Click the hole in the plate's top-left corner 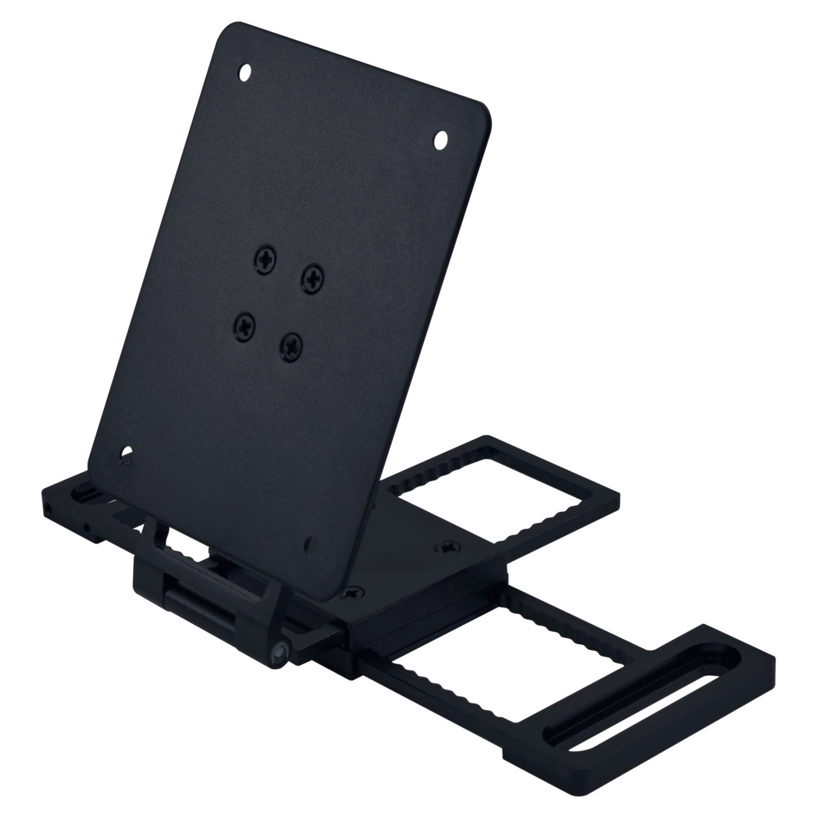tap(246, 73)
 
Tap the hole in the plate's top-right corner tap(441, 139)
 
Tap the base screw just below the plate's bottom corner tap(352, 593)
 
